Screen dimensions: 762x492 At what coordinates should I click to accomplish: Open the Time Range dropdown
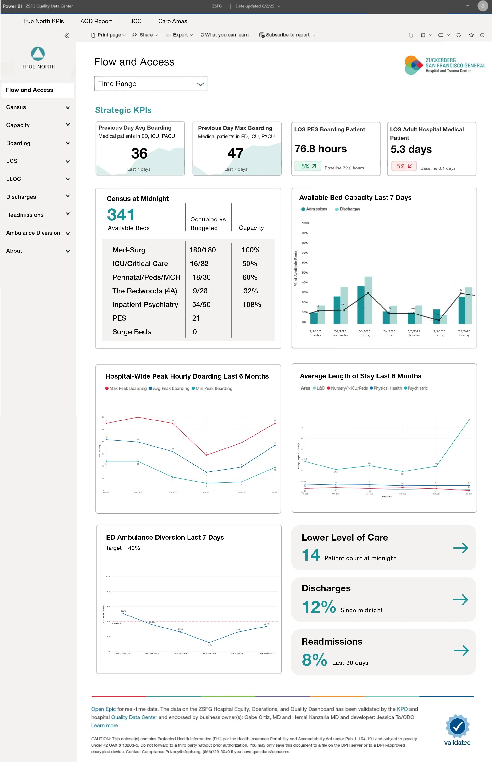click(150, 84)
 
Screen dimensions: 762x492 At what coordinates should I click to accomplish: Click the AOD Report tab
click(96, 21)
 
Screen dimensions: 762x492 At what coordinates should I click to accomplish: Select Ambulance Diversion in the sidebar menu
click(33, 233)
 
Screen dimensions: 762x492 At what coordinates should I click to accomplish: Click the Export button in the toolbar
click(180, 35)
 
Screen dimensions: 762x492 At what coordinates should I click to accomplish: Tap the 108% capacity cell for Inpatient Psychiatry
click(251, 305)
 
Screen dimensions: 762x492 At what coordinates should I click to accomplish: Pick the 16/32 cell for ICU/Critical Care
click(199, 264)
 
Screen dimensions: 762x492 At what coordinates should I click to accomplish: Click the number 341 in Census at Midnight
click(121, 215)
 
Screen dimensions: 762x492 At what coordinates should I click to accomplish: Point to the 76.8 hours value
click(321, 149)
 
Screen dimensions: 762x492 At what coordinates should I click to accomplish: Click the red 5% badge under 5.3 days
click(404, 166)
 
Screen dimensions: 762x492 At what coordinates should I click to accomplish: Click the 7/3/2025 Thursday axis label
click(364, 333)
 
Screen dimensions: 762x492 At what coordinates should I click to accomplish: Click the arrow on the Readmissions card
click(461, 650)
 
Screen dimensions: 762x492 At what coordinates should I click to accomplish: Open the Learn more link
click(105, 726)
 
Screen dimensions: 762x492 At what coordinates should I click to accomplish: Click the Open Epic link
click(103, 709)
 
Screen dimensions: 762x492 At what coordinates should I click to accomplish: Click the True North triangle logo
click(38, 54)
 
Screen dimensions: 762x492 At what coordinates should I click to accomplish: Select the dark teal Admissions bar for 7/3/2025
click(360, 305)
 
